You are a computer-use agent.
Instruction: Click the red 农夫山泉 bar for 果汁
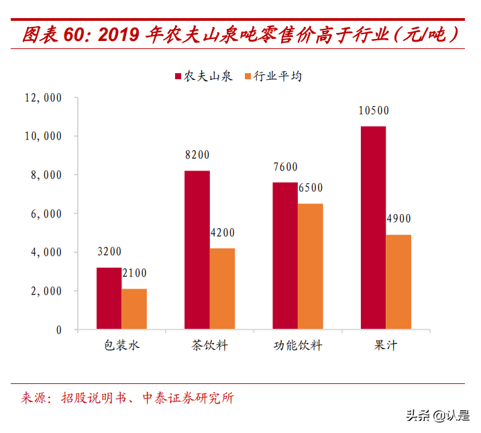373,228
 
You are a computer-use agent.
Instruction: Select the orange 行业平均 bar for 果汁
398,282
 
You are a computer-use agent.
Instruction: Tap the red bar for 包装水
109,299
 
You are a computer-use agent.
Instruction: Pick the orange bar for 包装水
134,309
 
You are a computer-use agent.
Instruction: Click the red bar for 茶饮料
197,250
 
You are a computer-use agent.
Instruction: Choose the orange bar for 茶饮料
222,289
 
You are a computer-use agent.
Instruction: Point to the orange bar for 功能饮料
311,267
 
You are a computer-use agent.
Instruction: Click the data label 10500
374,111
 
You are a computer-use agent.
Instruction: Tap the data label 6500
311,189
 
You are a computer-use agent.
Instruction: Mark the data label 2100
134,273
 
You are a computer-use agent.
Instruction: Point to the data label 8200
197,155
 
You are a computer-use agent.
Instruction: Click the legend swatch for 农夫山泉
178,76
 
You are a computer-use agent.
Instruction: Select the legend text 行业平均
278,76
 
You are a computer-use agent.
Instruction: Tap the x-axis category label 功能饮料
298,346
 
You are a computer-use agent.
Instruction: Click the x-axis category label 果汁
386,346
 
